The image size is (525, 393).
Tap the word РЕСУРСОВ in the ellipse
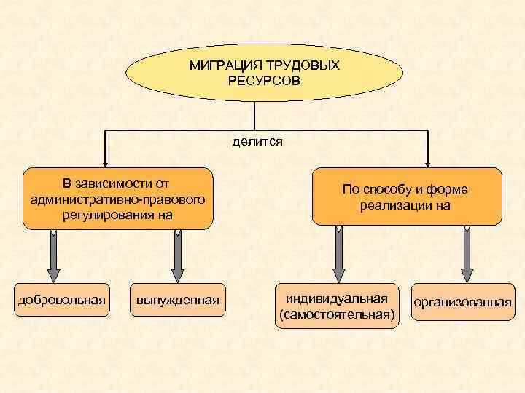click(263, 79)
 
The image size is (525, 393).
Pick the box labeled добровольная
click(62, 300)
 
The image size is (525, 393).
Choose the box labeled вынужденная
click(177, 300)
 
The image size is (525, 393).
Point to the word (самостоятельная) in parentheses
click(338, 314)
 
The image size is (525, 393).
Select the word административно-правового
click(118, 199)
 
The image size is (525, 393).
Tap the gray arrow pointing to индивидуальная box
click(338, 255)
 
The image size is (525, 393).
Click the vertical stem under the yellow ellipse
click(254, 116)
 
